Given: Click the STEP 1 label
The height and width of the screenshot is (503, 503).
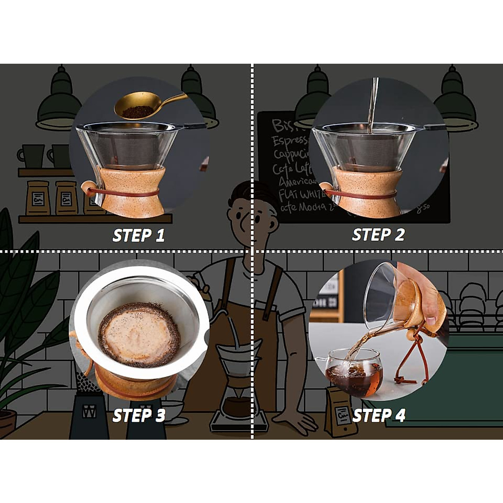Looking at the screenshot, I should (x=138, y=235).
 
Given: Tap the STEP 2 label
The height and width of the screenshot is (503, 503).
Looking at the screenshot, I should (x=378, y=234).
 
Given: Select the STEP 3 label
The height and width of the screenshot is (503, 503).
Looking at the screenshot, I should (x=139, y=415).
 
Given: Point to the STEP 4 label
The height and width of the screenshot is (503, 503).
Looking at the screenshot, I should (x=379, y=415).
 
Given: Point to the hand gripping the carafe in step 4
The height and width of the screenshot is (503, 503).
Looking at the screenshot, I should (x=423, y=293).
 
